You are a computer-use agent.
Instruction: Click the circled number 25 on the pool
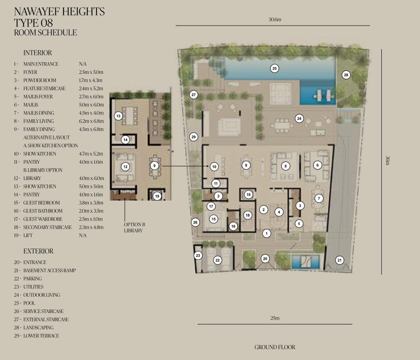point(274,68)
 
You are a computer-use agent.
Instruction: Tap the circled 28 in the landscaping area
point(346,75)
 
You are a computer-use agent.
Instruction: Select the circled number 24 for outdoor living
point(299,118)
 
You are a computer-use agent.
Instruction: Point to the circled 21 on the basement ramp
point(339,260)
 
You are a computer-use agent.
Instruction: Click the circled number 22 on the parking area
point(217,260)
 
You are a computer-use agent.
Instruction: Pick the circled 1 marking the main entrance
point(266,233)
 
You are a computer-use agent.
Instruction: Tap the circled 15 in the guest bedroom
point(213,219)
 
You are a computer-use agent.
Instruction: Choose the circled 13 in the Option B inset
point(118,116)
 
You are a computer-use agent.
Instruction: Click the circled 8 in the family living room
point(286,166)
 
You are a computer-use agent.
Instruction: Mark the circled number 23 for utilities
point(198,256)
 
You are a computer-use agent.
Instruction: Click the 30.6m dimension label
point(275,20)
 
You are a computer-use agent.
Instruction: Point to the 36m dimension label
point(388,160)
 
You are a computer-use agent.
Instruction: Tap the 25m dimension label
point(275,318)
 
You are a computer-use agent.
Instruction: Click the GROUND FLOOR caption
point(275,347)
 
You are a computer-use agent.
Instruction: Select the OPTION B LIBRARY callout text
point(134,227)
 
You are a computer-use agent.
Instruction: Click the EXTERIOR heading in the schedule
point(38,251)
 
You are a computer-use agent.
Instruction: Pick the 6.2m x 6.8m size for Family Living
point(91,121)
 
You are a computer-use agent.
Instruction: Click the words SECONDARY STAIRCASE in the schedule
point(47,227)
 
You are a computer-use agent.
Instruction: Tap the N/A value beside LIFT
point(83,235)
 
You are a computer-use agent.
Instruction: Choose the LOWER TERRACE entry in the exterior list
point(41,336)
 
